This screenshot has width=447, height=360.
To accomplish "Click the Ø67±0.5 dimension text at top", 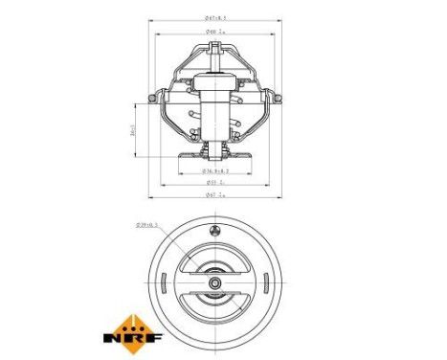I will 215,18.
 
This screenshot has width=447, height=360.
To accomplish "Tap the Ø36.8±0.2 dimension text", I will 215,169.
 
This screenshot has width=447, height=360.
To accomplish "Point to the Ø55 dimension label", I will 215,181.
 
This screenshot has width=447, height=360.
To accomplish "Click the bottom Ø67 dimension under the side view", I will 215,194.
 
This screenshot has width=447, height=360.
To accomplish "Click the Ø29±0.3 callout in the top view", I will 147,227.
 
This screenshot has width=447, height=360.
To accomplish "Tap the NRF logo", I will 132,337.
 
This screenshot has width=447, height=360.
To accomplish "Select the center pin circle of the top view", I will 215,284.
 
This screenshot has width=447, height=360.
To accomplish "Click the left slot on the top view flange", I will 168,284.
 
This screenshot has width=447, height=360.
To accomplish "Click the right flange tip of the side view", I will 275,96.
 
